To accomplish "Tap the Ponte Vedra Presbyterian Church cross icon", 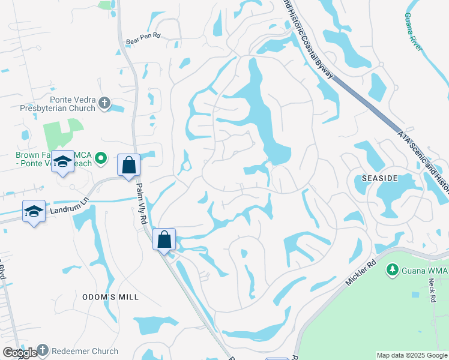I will tap(104, 103).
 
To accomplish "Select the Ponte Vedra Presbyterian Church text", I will tap(58, 104).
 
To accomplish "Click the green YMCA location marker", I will tap(101, 158).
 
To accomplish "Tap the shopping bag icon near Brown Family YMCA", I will tap(129, 164).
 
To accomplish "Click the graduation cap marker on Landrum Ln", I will tap(34, 211).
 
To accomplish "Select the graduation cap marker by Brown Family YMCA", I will tap(63, 161).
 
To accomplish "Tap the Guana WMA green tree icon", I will tap(393, 270).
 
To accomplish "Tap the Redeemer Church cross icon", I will tap(42, 350).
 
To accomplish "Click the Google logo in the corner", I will tap(19, 353).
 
